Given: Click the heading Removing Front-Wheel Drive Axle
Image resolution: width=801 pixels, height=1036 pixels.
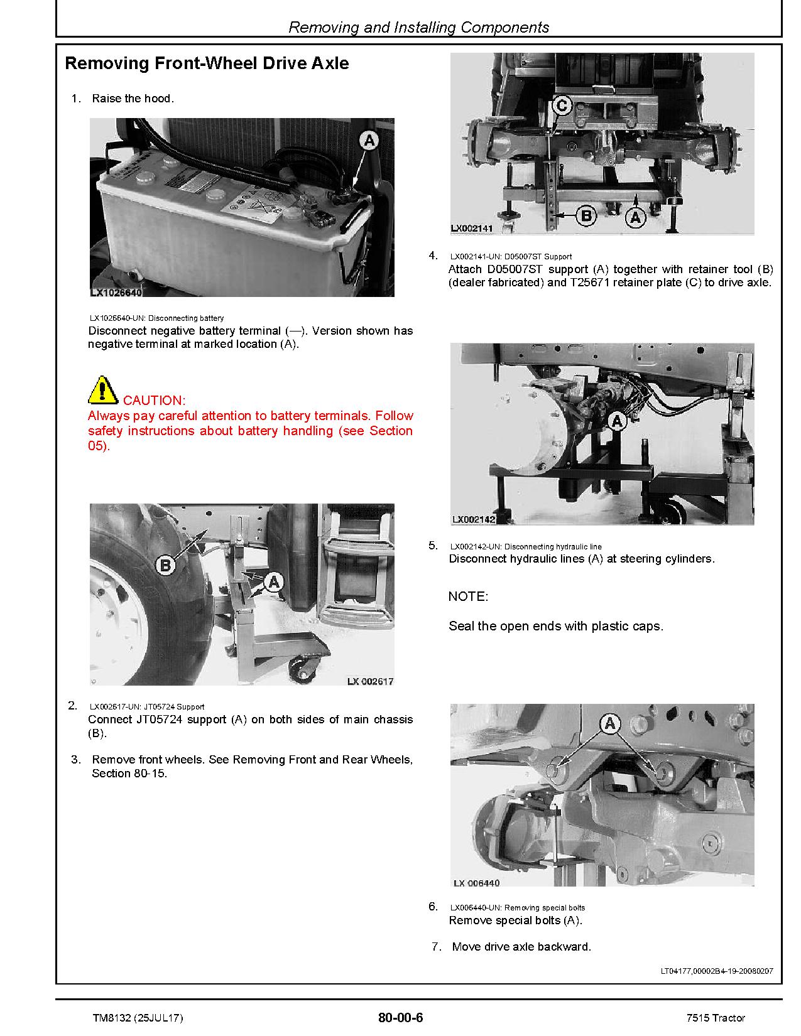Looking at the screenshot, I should click(207, 63).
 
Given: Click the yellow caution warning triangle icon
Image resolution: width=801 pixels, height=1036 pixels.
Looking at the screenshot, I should click(102, 390).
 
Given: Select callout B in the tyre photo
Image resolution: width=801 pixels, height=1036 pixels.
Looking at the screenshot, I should click(165, 565).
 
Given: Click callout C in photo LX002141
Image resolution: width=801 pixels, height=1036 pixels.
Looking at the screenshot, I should click(562, 105).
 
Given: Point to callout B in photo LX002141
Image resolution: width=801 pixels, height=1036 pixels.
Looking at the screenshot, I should click(586, 217).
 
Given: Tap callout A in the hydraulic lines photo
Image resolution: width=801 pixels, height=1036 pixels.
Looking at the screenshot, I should click(618, 421).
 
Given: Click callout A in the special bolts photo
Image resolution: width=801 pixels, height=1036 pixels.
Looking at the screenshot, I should click(609, 725).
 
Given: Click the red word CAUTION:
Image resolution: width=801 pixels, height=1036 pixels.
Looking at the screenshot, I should click(154, 400).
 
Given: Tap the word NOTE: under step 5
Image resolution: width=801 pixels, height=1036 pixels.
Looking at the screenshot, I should click(468, 596).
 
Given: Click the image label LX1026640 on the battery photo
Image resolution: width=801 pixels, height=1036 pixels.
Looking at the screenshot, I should click(116, 293).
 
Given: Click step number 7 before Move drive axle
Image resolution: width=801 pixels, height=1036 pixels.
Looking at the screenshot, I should click(436, 947).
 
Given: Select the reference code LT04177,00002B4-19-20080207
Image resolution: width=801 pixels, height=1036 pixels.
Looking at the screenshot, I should click(717, 971).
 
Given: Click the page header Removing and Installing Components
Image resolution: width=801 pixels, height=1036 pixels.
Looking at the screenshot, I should click(418, 28).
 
